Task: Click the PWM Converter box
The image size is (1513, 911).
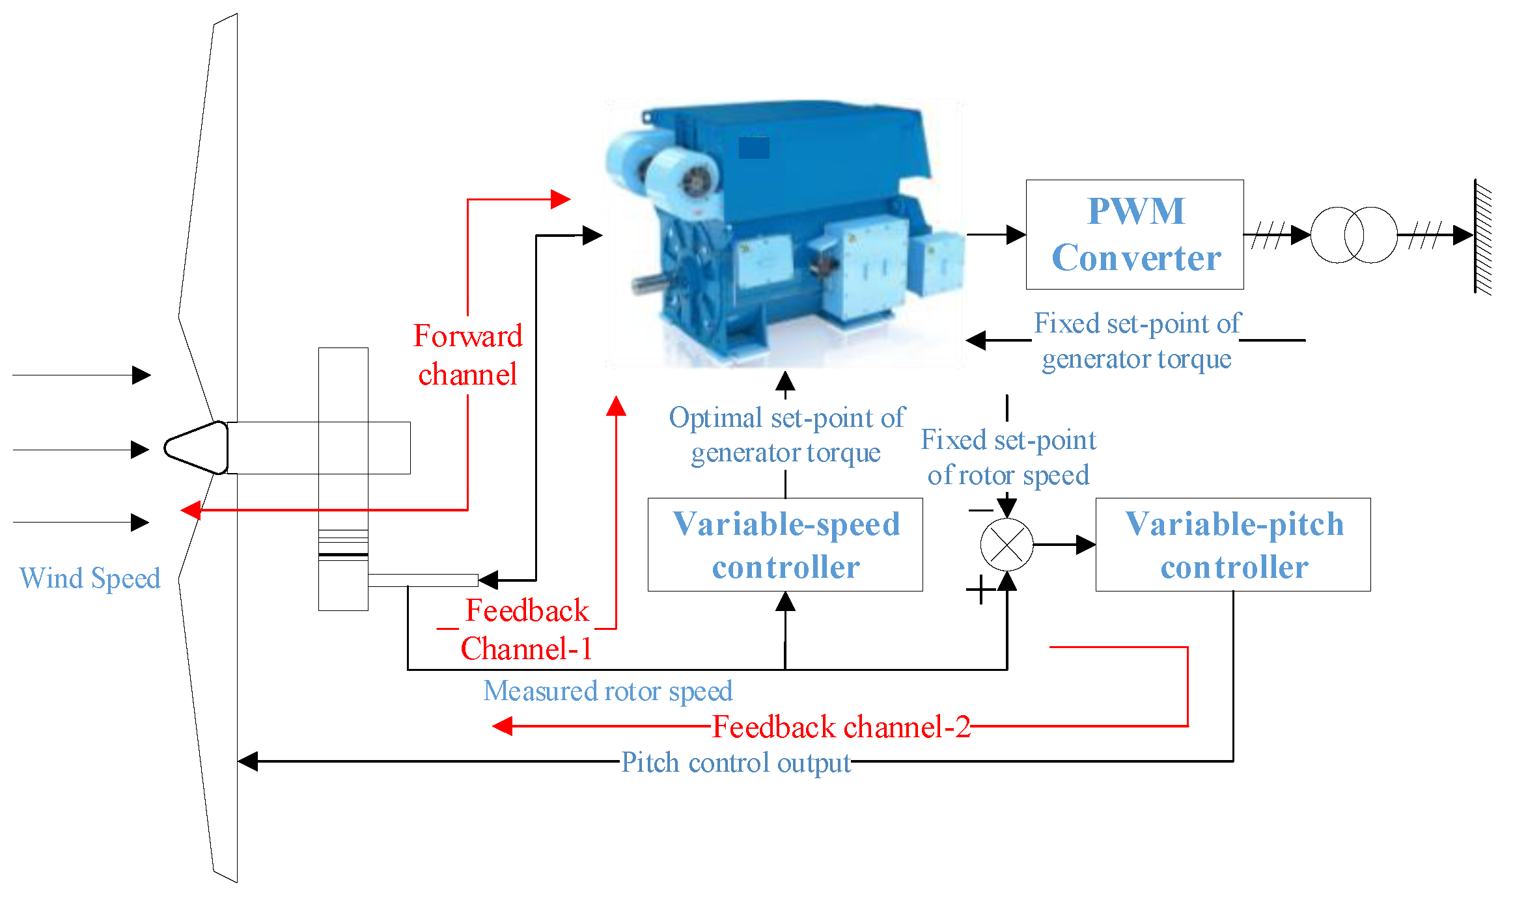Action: tap(1134, 234)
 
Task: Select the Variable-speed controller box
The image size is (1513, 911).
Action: tap(785, 545)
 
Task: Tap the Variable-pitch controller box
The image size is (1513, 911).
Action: tap(1232, 545)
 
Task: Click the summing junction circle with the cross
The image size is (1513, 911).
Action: tap(1006, 544)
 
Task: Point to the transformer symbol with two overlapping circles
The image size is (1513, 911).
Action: tap(1353, 235)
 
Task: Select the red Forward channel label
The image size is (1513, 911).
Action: tap(467, 355)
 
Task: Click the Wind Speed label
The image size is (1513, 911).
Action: tap(90, 578)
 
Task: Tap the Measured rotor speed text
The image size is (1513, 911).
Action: tap(607, 690)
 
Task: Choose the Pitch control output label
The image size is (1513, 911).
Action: tap(736, 762)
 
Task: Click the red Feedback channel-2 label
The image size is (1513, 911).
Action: tap(841, 727)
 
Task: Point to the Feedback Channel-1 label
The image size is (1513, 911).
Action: tap(527, 629)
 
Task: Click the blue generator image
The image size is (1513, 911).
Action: tap(784, 234)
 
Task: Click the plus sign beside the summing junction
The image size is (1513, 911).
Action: tap(980, 590)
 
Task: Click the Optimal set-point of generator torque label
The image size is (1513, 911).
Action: tap(786, 435)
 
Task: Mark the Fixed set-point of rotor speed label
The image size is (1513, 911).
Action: tap(1008, 457)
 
